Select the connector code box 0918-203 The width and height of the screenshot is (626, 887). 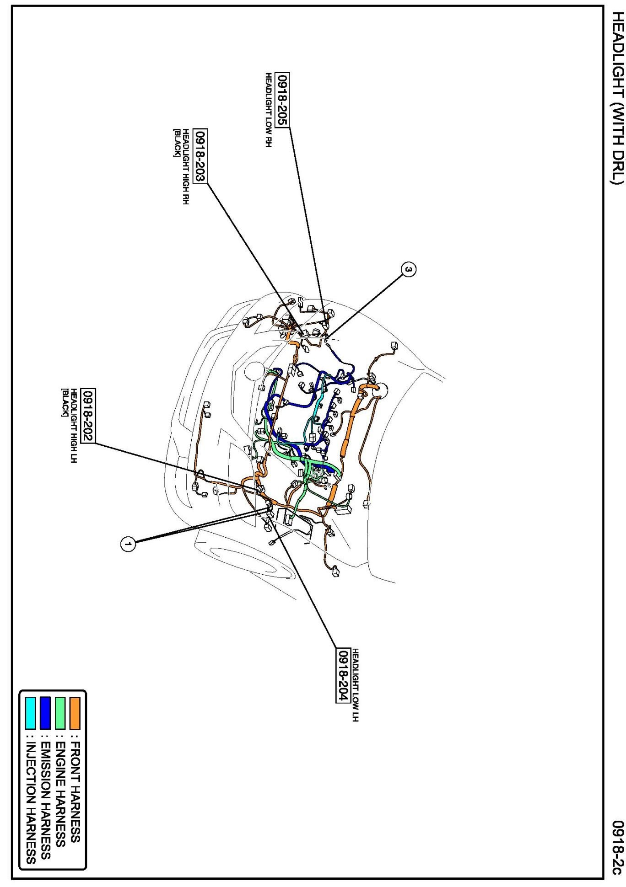pyautogui.click(x=200, y=156)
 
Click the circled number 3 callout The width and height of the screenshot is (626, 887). pyautogui.click(x=409, y=269)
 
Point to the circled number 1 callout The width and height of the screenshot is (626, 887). pyautogui.click(x=128, y=544)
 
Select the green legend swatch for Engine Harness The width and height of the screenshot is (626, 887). pyautogui.click(x=59, y=713)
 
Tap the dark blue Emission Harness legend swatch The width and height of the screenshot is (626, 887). pyautogui.click(x=45, y=713)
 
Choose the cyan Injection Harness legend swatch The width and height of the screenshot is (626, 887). pyautogui.click(x=30, y=713)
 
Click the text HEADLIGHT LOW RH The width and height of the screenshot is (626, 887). pyautogui.click(x=269, y=110)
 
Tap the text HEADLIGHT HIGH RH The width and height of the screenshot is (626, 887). pyautogui.click(x=186, y=166)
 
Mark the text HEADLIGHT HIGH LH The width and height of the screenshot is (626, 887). pyautogui.click(x=73, y=425)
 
